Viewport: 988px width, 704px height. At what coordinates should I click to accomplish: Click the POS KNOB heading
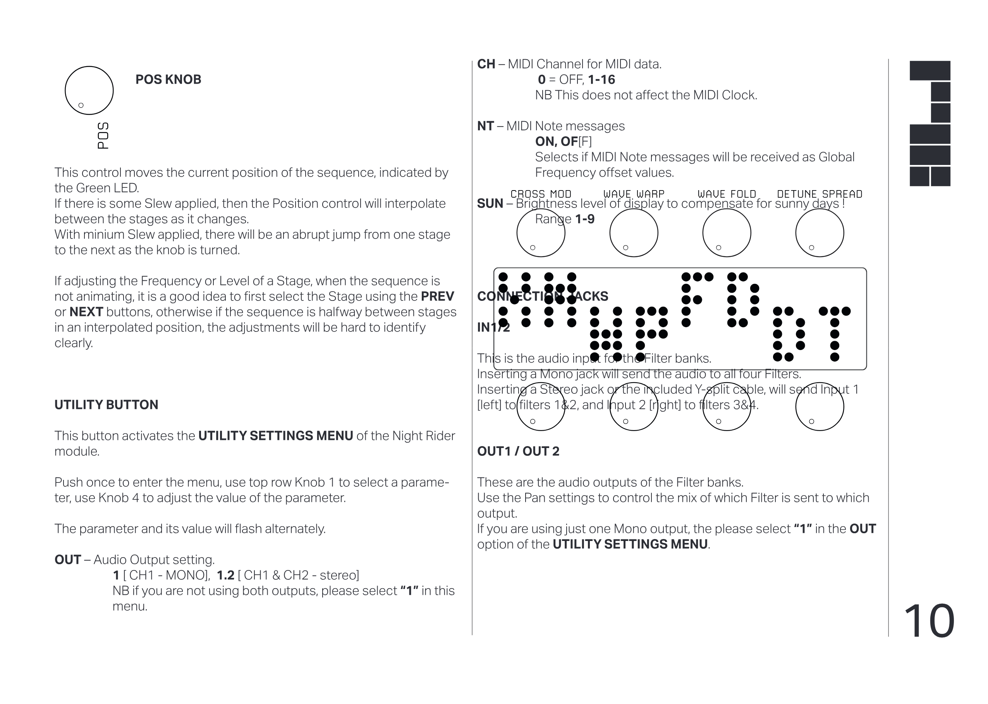pyautogui.click(x=168, y=80)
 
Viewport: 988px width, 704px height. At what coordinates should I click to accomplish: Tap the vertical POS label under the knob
pyautogui.click(x=103, y=135)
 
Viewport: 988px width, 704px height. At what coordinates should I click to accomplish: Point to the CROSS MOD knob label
pyautogui.click(x=541, y=194)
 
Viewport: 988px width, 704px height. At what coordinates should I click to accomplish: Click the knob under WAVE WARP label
pyautogui.click(x=633, y=233)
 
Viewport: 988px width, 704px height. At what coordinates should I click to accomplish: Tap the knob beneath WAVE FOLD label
pyautogui.click(x=727, y=233)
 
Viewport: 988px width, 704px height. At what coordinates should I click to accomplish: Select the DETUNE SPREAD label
pyautogui.click(x=820, y=194)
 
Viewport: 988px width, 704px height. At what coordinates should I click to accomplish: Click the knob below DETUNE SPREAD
pyautogui.click(x=820, y=233)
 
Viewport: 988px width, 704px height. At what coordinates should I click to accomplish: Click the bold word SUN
pyautogui.click(x=490, y=204)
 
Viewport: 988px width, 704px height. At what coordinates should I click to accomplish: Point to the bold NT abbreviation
pyautogui.click(x=486, y=126)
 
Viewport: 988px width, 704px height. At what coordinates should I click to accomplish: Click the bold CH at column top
pyautogui.click(x=486, y=64)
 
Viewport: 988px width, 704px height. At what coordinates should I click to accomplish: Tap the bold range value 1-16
pyautogui.click(x=601, y=80)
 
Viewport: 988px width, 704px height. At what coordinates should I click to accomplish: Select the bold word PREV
pyautogui.click(x=437, y=297)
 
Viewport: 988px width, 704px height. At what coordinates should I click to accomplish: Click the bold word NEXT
pyautogui.click(x=86, y=312)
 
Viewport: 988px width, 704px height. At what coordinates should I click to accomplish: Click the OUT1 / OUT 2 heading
pyautogui.click(x=518, y=451)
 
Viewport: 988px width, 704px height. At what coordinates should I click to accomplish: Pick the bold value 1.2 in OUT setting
pyautogui.click(x=225, y=575)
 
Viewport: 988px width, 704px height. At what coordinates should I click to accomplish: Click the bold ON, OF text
pyautogui.click(x=556, y=142)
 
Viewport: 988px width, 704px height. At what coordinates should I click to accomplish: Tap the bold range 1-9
pyautogui.click(x=584, y=219)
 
